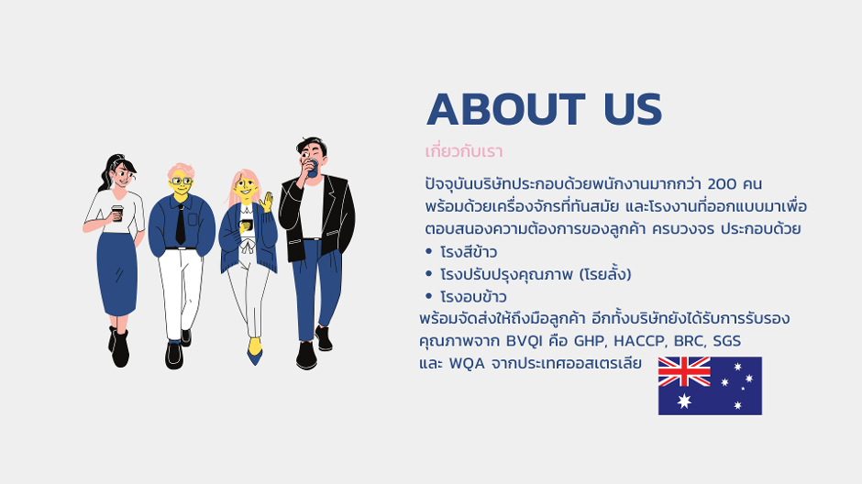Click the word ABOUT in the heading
pos(506,109)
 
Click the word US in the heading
pos(633,109)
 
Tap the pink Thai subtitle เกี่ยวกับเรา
pos(464,151)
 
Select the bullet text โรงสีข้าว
pos(469,252)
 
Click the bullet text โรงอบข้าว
pos(473,297)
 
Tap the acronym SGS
pos(727,341)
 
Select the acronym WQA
pos(467,364)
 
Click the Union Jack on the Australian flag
pos(684,371)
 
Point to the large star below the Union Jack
pos(684,401)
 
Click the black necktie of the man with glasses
pos(181,225)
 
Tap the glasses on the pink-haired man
pos(182,181)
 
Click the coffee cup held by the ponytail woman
pos(117,214)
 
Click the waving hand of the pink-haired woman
pos(267,201)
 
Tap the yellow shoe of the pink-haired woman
pos(254,346)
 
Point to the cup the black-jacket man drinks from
pos(313,168)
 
